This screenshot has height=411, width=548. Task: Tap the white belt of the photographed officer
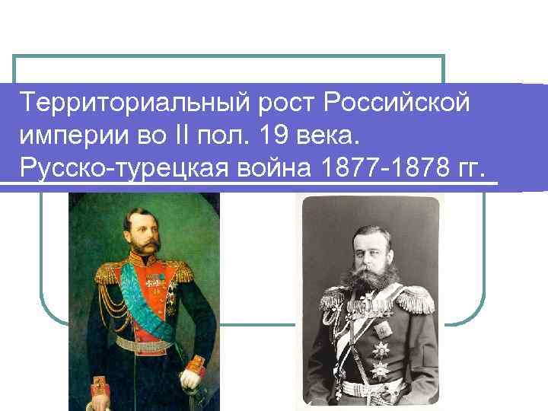pyautogui.click(x=373, y=388)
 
